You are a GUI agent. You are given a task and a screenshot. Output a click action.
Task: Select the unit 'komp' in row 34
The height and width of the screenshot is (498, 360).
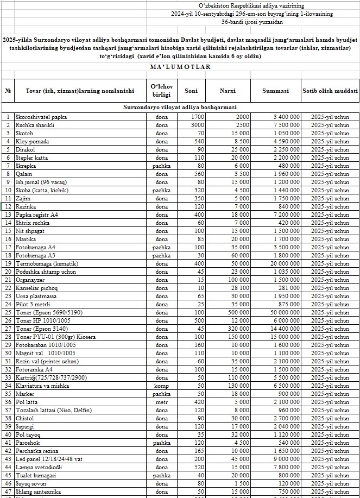click(x=161, y=386)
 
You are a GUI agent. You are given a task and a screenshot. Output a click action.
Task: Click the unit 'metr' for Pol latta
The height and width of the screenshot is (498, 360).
click(x=161, y=402)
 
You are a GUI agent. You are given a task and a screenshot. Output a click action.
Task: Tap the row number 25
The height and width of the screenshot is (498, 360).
click(x=8, y=312)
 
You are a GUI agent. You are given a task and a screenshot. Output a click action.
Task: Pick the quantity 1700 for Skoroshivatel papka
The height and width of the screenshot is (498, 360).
click(x=197, y=117)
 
